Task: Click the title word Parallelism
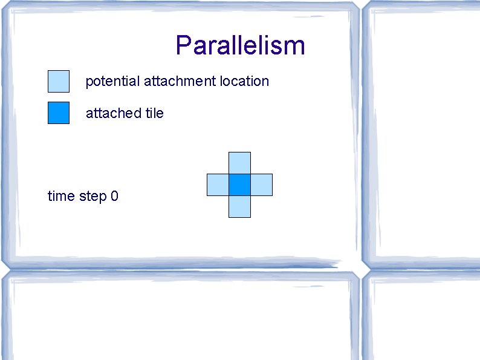click(240, 45)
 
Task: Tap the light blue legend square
click(59, 80)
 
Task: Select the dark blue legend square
click(59, 113)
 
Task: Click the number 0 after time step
click(114, 196)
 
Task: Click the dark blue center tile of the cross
click(239, 185)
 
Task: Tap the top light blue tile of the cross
click(239, 163)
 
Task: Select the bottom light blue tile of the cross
click(239, 206)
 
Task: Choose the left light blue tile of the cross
click(218, 185)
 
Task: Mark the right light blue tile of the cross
click(261, 185)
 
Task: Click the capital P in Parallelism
click(184, 45)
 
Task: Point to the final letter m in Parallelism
click(295, 47)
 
